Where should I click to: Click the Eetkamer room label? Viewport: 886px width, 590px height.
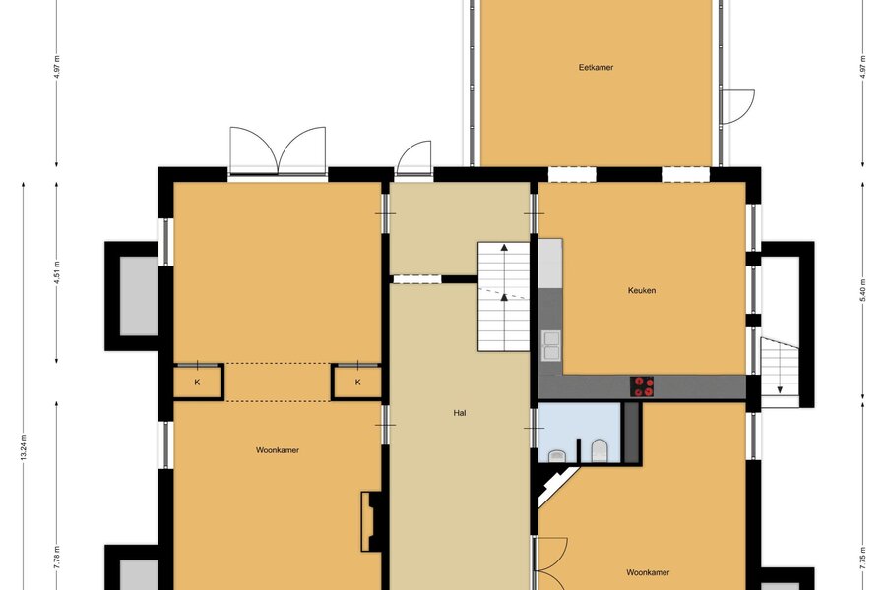[x=596, y=67]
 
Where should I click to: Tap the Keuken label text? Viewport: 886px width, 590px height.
[x=642, y=291]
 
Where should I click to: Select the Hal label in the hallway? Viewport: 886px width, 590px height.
[x=460, y=413]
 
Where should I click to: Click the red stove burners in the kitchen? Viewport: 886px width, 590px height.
[x=642, y=386]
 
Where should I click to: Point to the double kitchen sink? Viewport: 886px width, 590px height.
[x=551, y=345]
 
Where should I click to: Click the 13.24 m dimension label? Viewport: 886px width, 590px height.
[x=24, y=447]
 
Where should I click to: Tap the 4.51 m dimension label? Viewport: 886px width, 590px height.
[x=57, y=272]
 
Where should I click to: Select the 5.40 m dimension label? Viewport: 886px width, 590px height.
[x=862, y=291]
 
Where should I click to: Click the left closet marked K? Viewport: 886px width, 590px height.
[x=197, y=383]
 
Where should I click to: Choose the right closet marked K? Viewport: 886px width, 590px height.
[x=357, y=383]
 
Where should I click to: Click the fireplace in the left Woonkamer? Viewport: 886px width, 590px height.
[x=371, y=521]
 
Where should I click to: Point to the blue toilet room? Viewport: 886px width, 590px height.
[x=579, y=433]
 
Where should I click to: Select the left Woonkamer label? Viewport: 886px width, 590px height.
[x=278, y=450]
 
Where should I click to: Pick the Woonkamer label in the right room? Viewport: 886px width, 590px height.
[x=648, y=572]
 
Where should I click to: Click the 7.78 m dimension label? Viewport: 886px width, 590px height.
[x=57, y=558]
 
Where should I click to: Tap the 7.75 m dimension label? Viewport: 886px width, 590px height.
[x=862, y=558]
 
